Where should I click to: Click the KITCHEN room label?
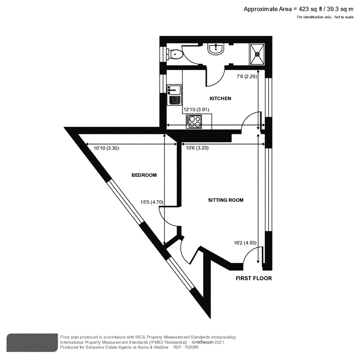[220, 98]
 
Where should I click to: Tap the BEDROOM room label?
[144, 175]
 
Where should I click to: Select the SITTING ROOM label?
[226, 200]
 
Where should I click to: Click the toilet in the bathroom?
[175, 54]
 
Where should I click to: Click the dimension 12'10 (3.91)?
[197, 109]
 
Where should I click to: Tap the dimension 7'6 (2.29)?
[245, 77]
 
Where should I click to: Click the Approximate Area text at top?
[298, 9]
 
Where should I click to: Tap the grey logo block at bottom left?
[32, 342]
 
